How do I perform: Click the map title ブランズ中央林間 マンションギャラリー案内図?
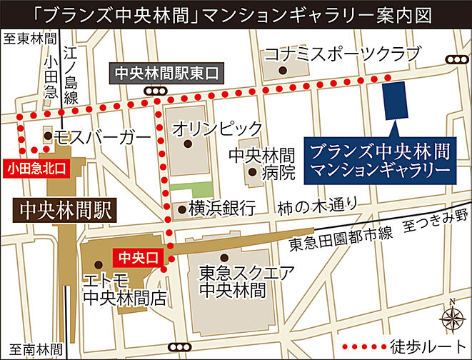tap(236, 14)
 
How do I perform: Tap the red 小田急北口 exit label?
tap(36, 169)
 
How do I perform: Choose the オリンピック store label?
tap(218, 129)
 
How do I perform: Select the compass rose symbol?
tap(451, 315)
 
